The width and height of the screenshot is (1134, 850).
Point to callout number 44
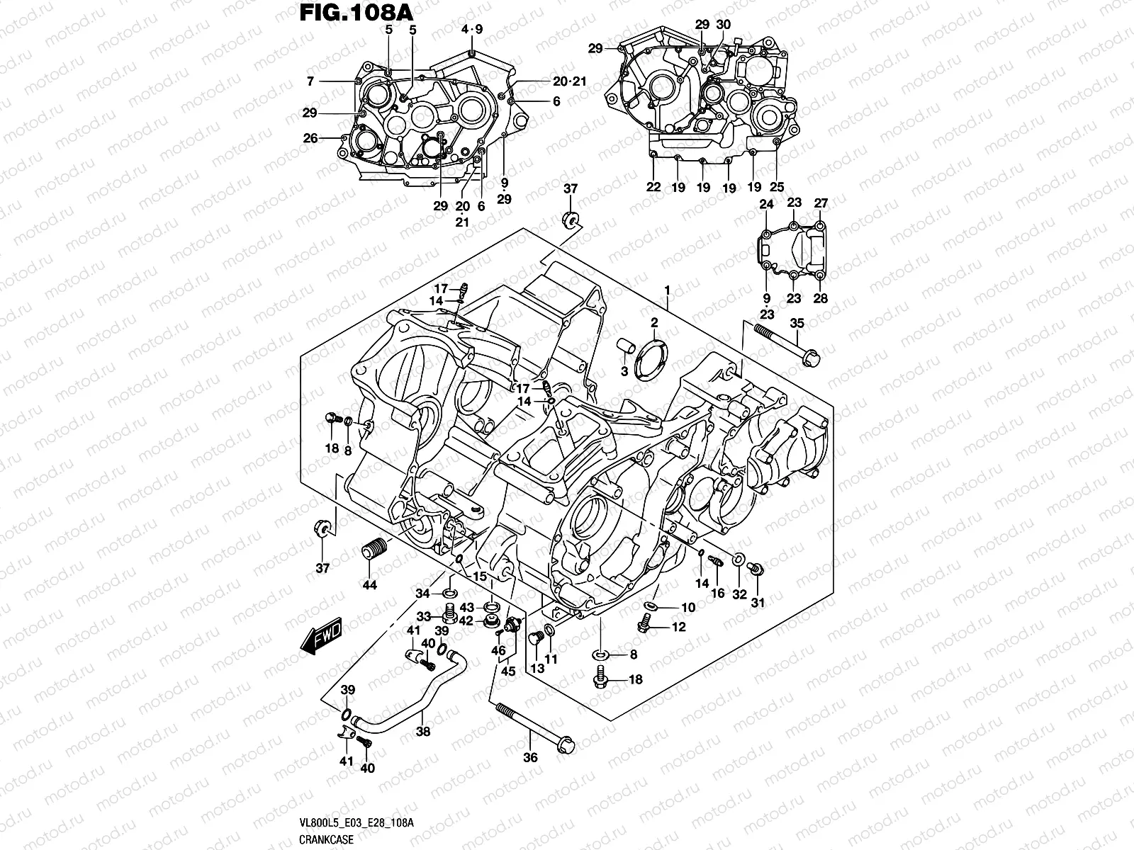click(x=369, y=585)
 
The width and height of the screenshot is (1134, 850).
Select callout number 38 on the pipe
click(x=422, y=733)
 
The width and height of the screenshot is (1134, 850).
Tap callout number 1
click(x=666, y=290)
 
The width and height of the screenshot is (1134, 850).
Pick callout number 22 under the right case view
click(x=653, y=188)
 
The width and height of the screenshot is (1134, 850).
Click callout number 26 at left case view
click(x=310, y=138)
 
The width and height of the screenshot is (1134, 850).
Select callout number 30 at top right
click(x=723, y=25)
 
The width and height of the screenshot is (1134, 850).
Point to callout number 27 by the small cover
click(x=820, y=203)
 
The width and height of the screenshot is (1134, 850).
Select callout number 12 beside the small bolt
click(x=678, y=627)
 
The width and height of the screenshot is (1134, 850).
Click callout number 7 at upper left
click(x=310, y=82)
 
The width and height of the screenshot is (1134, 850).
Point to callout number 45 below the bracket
click(x=507, y=671)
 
